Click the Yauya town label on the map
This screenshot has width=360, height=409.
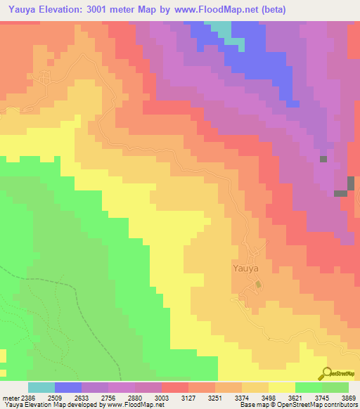tap(246, 268)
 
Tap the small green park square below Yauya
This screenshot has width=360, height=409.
tap(258, 284)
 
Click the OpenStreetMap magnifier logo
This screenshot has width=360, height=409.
tap(326, 373)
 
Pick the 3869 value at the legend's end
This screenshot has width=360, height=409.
tap(349, 396)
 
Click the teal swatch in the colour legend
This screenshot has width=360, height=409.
tap(41, 387)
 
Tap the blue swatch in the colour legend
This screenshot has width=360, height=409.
tap(68, 387)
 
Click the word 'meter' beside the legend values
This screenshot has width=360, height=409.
tap(10, 396)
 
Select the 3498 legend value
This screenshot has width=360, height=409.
tap(271, 396)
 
